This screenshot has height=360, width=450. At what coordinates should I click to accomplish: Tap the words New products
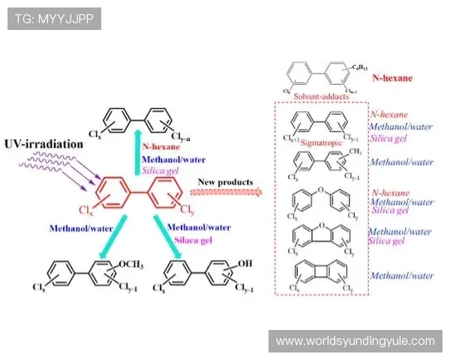226,181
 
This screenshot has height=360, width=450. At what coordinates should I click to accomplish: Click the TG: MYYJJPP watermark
54,19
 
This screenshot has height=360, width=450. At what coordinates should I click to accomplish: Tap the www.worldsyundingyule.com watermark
355,341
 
